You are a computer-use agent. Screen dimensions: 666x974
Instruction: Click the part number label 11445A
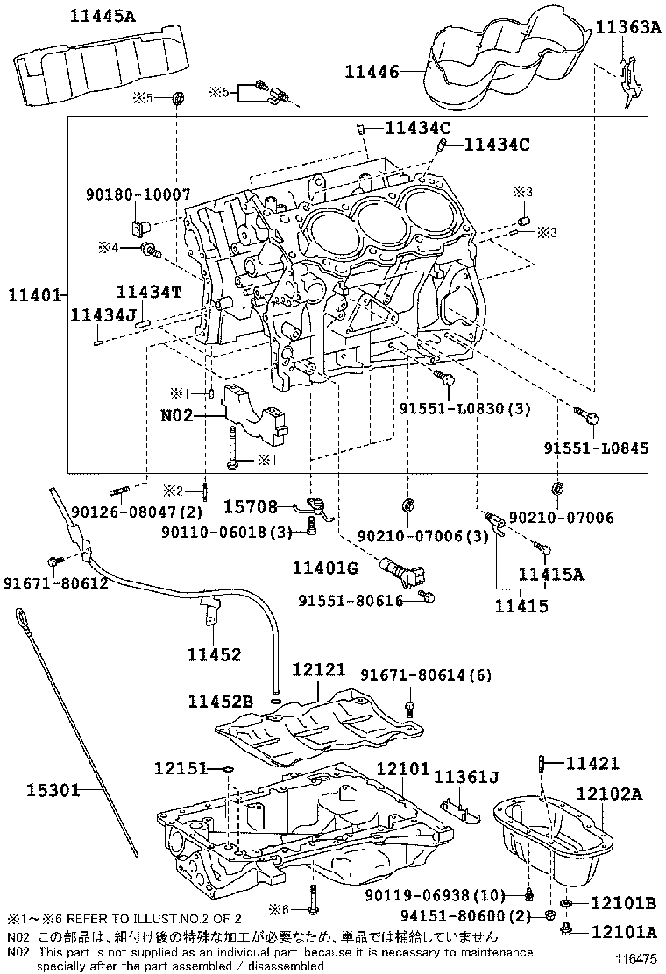102,16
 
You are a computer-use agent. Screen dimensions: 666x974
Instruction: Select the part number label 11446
372,72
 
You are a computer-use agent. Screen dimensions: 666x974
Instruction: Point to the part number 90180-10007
138,194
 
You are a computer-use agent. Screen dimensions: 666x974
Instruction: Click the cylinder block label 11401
34,295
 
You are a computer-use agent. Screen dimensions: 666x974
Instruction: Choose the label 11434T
149,291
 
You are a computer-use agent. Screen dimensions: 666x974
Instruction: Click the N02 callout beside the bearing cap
177,414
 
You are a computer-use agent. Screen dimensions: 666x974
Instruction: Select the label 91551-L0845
597,448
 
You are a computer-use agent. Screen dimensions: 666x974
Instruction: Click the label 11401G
325,567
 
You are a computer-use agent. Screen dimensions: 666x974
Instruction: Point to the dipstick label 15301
53,789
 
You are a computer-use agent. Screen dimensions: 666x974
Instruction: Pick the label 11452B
221,702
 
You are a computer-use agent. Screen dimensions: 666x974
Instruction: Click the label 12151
181,768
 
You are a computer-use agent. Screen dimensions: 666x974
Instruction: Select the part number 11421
592,763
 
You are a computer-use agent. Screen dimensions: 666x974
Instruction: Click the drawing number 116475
636,959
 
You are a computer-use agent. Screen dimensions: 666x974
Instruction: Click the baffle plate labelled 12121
319,726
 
